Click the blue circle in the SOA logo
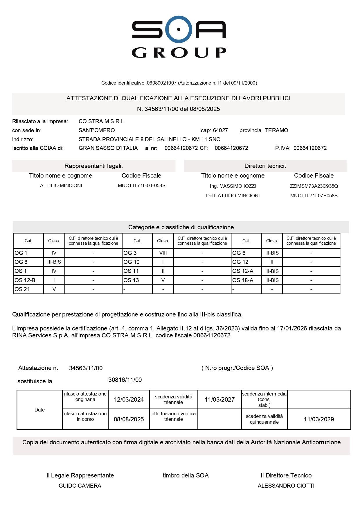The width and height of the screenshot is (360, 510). pos(179,29)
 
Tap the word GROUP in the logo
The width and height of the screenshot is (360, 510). pos(179,53)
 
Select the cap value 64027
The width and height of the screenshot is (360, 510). pos(220,130)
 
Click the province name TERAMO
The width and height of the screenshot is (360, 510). pos(276,130)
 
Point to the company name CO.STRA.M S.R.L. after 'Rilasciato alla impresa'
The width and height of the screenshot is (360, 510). pos(102,121)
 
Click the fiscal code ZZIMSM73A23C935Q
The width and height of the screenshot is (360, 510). pos(314,186)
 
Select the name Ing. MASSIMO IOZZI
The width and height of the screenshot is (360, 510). pos(233,186)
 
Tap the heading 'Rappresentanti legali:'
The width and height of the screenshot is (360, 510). pos(93,166)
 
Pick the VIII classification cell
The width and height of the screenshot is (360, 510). pos(163,253)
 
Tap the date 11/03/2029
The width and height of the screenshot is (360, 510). pos(319,419)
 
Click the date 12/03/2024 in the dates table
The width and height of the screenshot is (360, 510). pos(129,400)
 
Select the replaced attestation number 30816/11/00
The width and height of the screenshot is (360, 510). pos(125,380)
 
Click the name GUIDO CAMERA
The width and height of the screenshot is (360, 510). pos(80,486)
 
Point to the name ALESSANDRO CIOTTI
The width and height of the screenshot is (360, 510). pos(286,486)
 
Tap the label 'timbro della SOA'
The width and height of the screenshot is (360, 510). pos(186,475)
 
